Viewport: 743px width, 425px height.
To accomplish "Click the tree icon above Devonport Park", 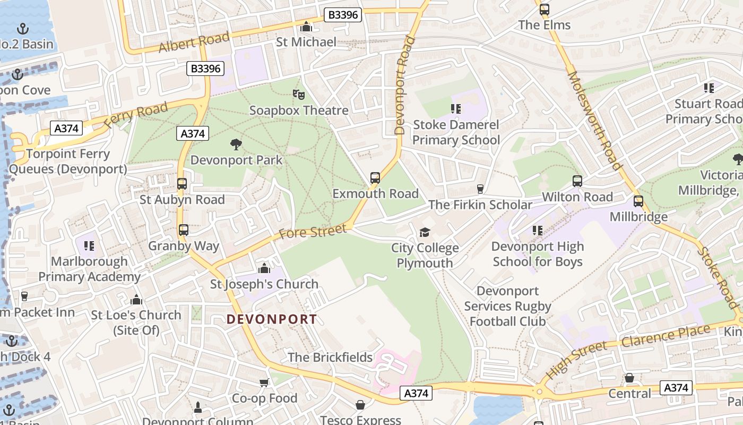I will (x=236, y=144).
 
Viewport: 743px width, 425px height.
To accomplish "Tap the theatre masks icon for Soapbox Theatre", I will (x=299, y=95).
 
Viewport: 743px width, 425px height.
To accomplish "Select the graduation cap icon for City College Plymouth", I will (x=425, y=232).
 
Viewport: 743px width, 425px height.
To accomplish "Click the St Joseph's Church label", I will (x=264, y=284).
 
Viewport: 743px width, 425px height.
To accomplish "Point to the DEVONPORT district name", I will (x=272, y=319).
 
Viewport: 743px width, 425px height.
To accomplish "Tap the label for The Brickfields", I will (x=330, y=358).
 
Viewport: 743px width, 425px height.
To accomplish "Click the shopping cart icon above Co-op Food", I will (x=264, y=382).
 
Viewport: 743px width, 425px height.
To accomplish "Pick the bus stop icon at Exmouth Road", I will (x=375, y=178).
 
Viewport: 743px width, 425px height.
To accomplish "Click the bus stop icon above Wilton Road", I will (x=577, y=181).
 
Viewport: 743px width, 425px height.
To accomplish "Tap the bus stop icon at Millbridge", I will (x=638, y=201).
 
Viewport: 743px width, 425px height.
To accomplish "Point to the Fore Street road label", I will (x=313, y=232).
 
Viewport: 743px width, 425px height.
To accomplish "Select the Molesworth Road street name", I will (x=594, y=120).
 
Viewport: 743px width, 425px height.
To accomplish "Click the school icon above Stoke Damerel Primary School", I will (x=455, y=109).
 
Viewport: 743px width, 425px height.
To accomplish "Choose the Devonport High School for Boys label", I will (x=537, y=254).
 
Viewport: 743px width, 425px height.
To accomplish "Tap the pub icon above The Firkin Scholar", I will (x=480, y=189).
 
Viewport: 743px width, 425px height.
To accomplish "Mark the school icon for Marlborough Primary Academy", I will (x=89, y=245).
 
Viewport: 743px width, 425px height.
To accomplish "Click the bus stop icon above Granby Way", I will (x=184, y=230).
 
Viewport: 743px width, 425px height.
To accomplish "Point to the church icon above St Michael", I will (x=306, y=27).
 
